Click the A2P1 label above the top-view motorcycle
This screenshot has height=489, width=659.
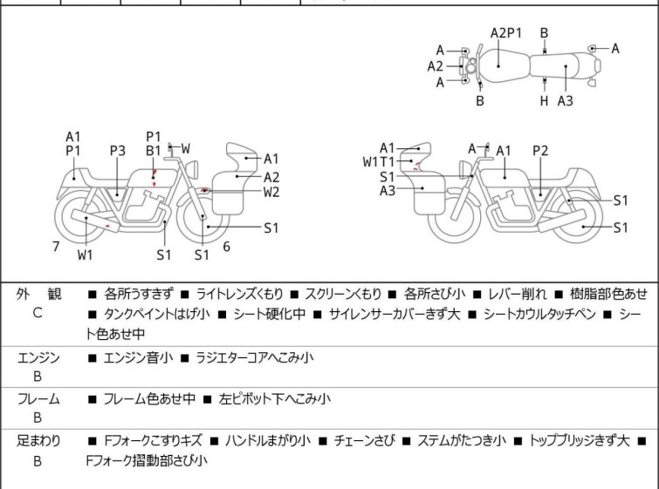[505, 33]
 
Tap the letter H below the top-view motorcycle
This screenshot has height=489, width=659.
[544, 101]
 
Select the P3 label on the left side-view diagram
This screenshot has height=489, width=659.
[119, 150]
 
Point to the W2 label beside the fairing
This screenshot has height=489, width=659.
[271, 193]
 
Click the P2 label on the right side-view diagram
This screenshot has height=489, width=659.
[540, 150]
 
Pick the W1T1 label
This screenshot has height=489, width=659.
[379, 162]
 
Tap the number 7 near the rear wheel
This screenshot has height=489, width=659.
[56, 247]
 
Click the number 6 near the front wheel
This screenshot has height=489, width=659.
[226, 247]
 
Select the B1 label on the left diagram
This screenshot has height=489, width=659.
[154, 150]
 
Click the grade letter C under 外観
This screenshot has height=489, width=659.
[38, 313]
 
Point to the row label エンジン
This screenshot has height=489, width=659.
[38, 357]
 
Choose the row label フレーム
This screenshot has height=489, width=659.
[38, 399]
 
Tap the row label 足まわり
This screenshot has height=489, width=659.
[38, 441]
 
